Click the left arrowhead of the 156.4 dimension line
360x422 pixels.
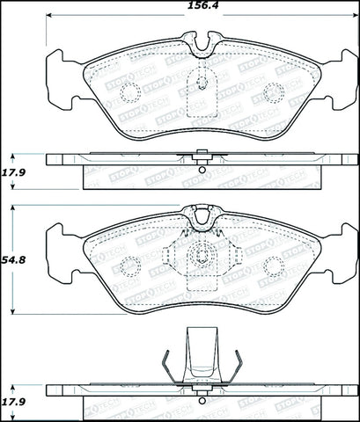click(x=49, y=16)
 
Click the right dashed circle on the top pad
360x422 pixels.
click(x=274, y=91)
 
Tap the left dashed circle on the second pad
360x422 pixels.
click(x=129, y=264)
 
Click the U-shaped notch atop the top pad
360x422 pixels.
click(x=202, y=41)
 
